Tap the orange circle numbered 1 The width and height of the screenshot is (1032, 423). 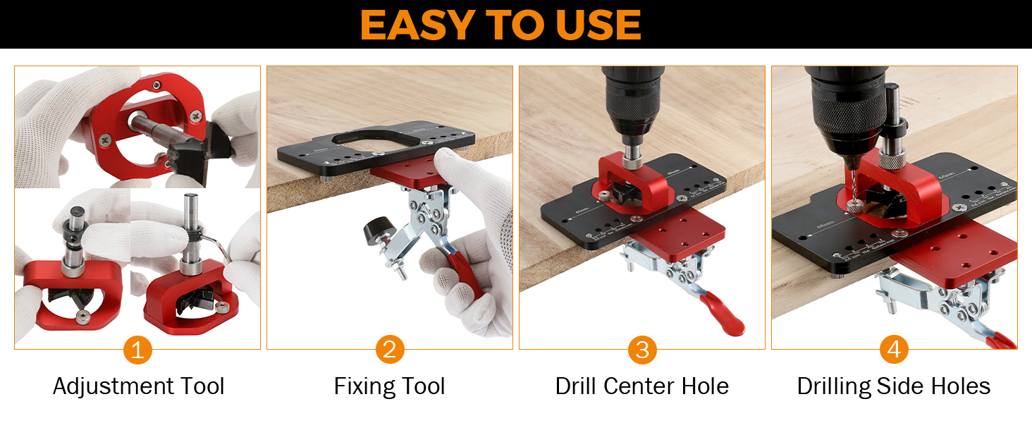[x=137, y=350]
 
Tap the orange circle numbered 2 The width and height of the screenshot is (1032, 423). [x=390, y=350]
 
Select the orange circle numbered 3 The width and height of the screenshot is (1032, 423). [x=642, y=350]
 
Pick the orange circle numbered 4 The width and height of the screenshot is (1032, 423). [x=894, y=350]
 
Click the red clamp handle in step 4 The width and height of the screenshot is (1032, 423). [x=1001, y=341]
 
